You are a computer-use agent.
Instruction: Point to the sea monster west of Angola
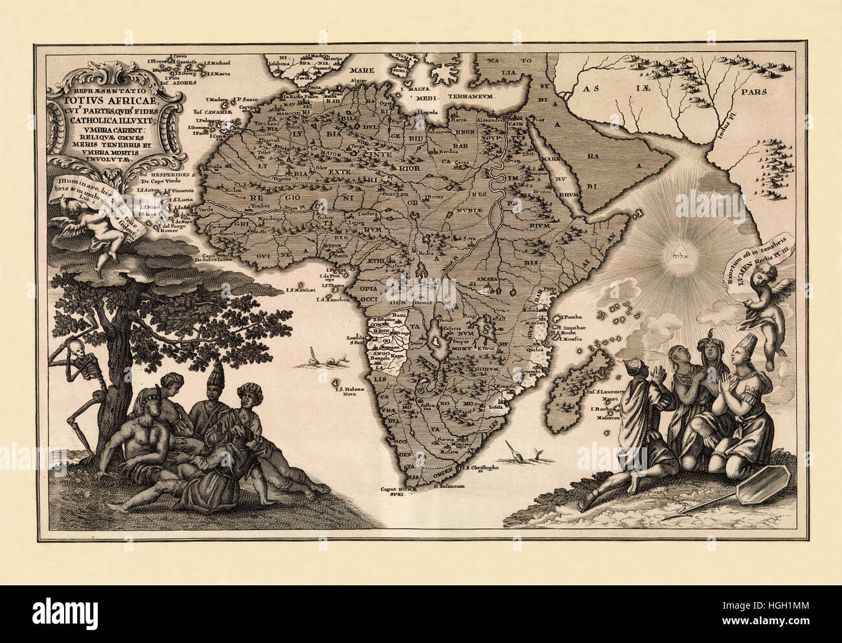(322, 360)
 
